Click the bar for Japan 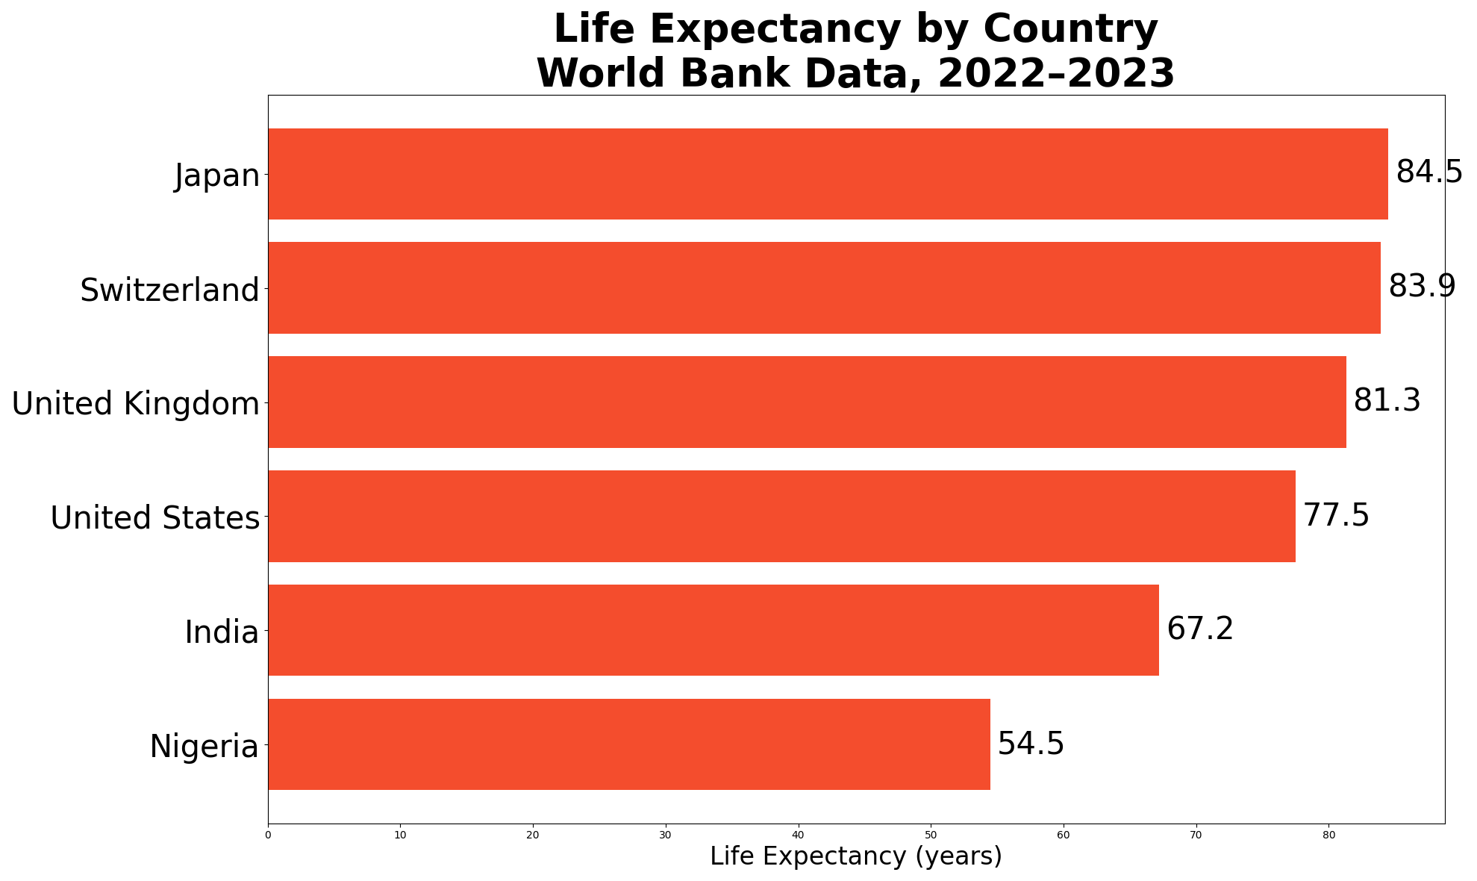tap(828, 174)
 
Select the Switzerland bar tap(824, 287)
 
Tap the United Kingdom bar tap(807, 402)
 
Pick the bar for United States tap(781, 516)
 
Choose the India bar tap(713, 630)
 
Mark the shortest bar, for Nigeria tap(629, 744)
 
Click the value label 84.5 tap(1429, 172)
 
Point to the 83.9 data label tap(1422, 287)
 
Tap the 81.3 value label tap(1387, 401)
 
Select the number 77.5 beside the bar tap(1337, 515)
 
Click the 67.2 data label tap(1200, 629)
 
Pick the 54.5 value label tap(1031, 744)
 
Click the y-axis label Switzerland tap(169, 290)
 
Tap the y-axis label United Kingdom tap(135, 404)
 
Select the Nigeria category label tap(204, 747)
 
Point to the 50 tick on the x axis tap(931, 835)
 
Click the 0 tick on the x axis tap(268, 835)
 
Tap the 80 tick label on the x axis tap(1328, 835)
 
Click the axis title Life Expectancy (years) tap(856, 856)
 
